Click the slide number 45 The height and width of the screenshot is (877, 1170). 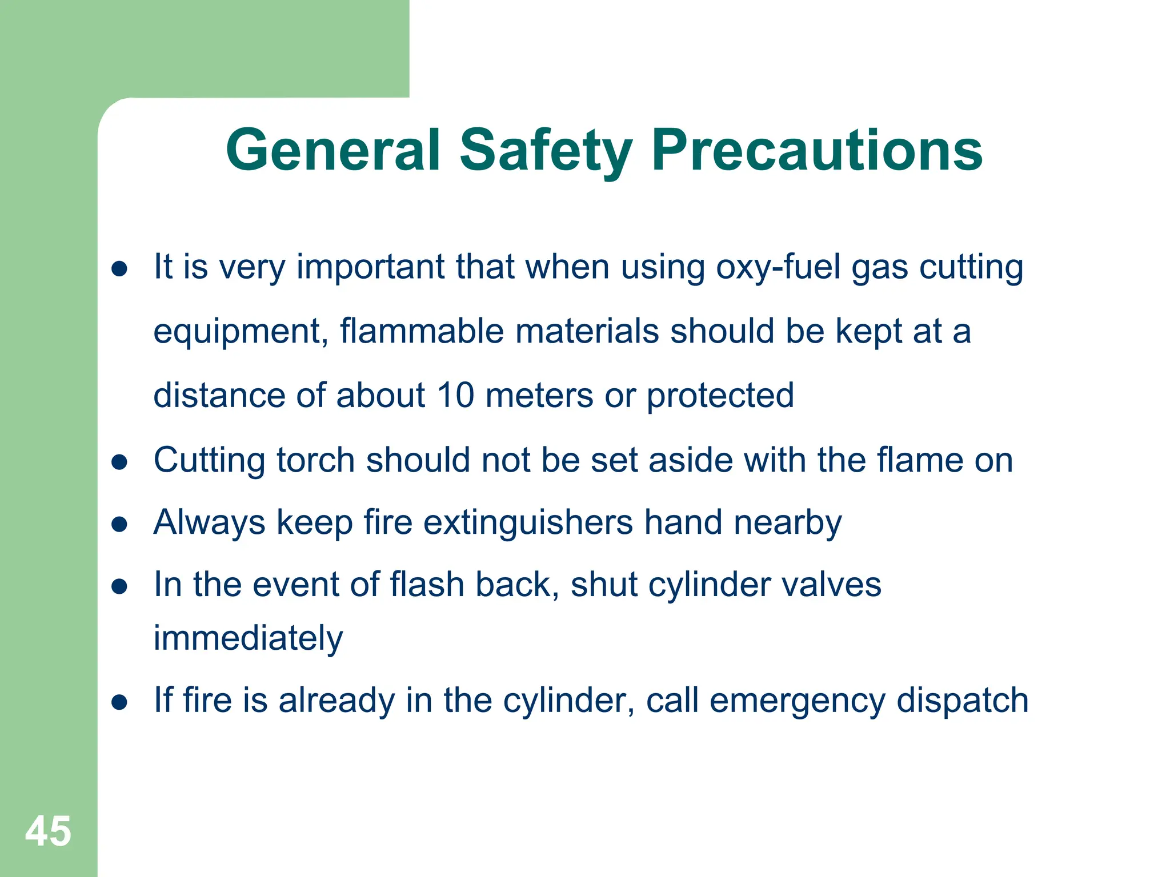pyautogui.click(x=48, y=831)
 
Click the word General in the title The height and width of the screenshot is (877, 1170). pyautogui.click(x=333, y=150)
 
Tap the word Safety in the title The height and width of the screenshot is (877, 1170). pyautogui.click(x=546, y=151)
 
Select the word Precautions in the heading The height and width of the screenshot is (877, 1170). pyautogui.click(x=816, y=150)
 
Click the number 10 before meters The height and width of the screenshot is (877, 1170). pyautogui.click(x=455, y=395)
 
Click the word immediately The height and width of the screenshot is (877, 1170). pyautogui.click(x=248, y=638)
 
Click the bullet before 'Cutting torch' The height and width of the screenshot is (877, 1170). pyautogui.click(x=119, y=461)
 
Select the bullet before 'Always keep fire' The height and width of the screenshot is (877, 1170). pyautogui.click(x=119, y=524)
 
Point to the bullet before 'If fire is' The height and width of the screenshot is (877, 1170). pyautogui.click(x=119, y=702)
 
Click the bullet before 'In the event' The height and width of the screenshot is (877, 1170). pyautogui.click(x=119, y=586)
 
